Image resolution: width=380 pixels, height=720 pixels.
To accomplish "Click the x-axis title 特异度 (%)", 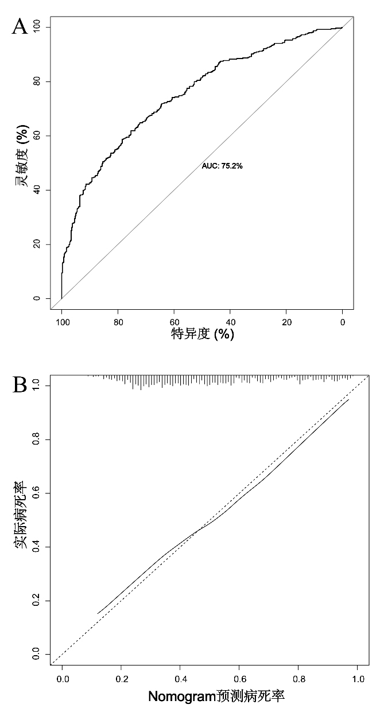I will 203,334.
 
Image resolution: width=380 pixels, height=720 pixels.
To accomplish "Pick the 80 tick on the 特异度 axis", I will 118,322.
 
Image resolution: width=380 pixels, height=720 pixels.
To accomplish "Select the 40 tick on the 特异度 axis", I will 230,322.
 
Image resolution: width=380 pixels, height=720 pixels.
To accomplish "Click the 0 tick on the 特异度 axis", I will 343,322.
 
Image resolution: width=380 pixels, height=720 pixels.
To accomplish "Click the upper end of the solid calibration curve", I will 348,399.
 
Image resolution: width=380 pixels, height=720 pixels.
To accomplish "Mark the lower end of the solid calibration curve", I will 98,614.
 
